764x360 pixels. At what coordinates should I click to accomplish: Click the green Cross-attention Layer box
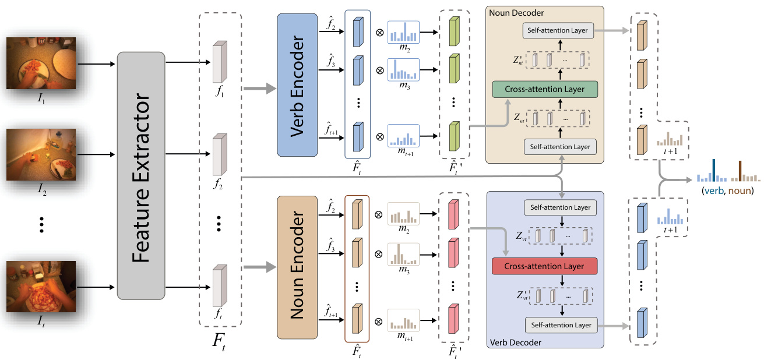point(546,89)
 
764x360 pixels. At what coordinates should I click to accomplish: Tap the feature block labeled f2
point(219,155)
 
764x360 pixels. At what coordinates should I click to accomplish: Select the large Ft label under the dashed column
point(219,341)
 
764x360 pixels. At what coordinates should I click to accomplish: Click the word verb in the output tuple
point(715,190)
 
